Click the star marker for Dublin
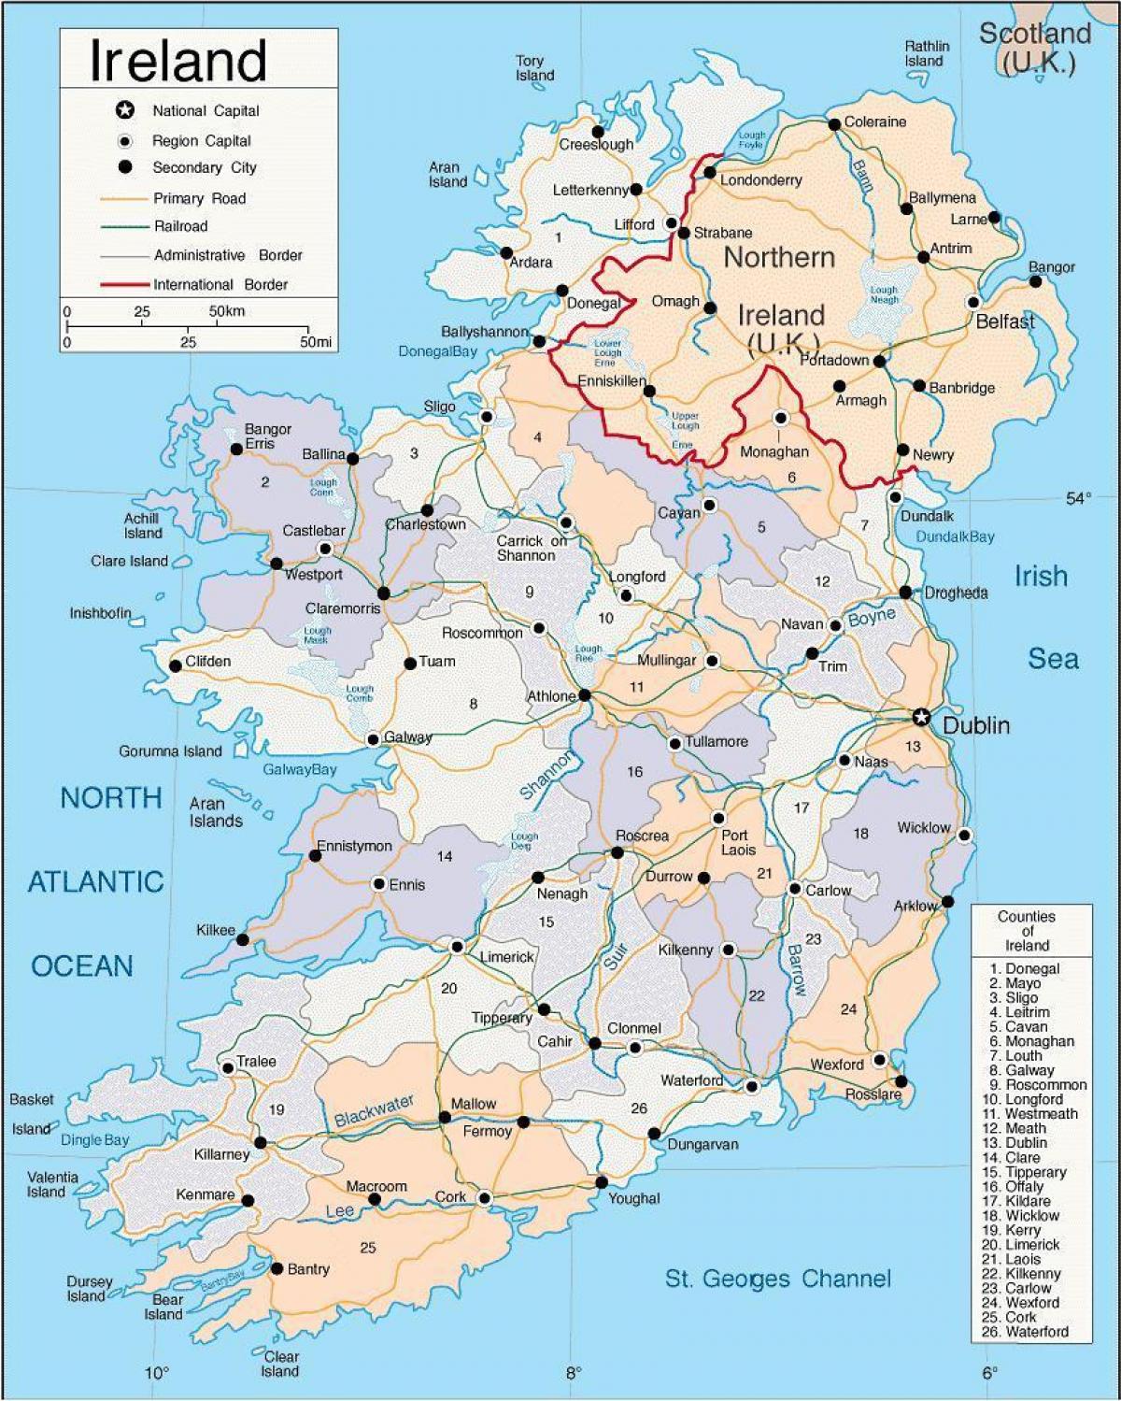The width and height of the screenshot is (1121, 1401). (x=921, y=717)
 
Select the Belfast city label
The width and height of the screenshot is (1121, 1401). (x=1005, y=322)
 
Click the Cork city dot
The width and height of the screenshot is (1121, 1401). (x=484, y=1197)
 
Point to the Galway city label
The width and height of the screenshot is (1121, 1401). (x=408, y=737)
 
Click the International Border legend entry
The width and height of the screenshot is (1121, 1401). (x=220, y=284)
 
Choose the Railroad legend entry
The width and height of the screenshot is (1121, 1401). (x=180, y=226)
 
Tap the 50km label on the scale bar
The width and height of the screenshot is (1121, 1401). (x=226, y=311)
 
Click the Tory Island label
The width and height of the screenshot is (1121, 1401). (x=534, y=68)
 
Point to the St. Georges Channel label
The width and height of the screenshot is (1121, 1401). (x=777, y=1279)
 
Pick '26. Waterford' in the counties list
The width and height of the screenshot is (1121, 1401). (x=1025, y=1332)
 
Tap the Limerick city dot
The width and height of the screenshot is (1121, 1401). (x=457, y=947)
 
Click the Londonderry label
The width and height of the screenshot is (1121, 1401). (x=760, y=179)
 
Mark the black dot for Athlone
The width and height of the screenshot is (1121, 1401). (x=585, y=695)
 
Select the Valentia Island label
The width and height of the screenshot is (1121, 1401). (x=52, y=1184)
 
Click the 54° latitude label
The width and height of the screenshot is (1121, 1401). (x=1078, y=498)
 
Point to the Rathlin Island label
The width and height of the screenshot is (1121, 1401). (x=926, y=53)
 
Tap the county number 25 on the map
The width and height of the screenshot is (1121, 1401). (x=368, y=1247)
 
